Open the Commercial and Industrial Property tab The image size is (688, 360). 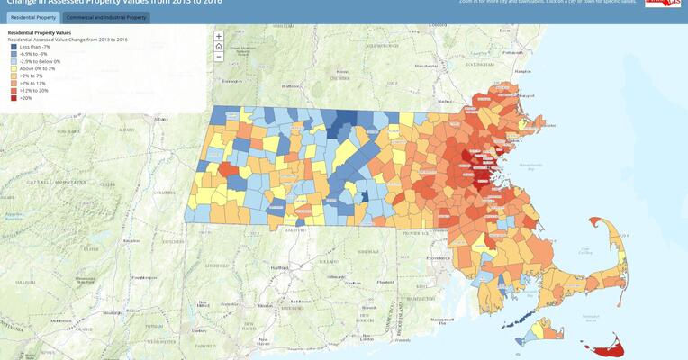coord(105,17)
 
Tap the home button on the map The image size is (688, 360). coord(219,46)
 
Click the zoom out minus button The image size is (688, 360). coord(219,56)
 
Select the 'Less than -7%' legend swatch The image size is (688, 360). coord(14,46)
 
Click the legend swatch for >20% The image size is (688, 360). coord(14,97)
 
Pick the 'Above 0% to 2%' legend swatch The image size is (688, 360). coord(14,68)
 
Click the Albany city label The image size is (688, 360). coord(161,119)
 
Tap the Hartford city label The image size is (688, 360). coord(278,267)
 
